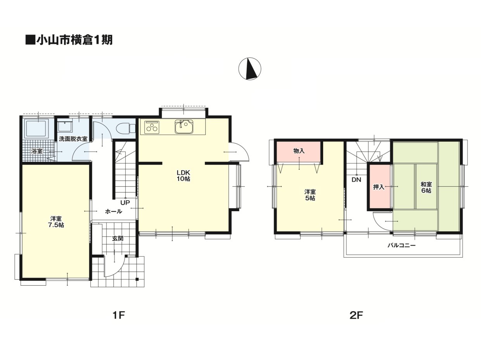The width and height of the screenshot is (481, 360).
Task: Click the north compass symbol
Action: tap(249, 69)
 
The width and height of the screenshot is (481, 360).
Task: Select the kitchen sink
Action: tap(184, 127)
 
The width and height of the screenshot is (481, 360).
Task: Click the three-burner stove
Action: tap(152, 127)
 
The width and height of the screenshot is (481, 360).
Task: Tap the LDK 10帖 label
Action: tap(183, 176)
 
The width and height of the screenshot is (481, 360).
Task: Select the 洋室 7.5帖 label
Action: tap(56, 222)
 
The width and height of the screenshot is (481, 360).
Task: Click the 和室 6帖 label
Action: tap(426, 187)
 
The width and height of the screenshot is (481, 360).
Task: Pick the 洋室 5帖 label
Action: tap(310, 195)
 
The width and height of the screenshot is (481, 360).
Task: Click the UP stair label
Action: tap(125, 203)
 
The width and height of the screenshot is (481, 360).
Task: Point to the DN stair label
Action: tap(356, 180)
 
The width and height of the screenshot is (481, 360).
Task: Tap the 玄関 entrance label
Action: tap(118, 239)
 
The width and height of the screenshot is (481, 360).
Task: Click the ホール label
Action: tap(114, 212)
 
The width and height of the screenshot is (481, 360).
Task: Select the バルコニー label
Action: tap(401, 245)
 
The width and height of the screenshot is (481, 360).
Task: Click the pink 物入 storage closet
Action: tap(299, 152)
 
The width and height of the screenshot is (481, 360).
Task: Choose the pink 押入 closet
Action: tap(380, 187)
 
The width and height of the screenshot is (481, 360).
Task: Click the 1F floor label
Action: tap(119, 315)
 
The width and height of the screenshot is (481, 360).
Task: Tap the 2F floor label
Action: tap(356, 315)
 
